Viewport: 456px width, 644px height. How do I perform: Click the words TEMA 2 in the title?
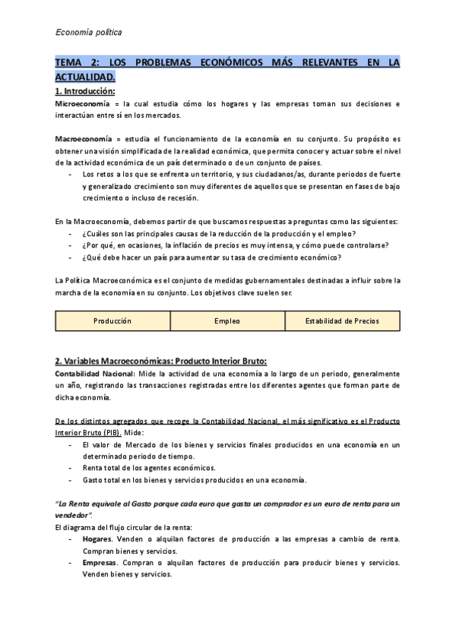[78, 63]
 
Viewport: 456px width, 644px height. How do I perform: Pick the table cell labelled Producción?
[112, 320]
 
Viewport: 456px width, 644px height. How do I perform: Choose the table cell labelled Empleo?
[227, 320]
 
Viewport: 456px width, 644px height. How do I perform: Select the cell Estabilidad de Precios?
[341, 320]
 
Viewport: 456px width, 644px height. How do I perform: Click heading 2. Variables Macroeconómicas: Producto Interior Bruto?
[160, 360]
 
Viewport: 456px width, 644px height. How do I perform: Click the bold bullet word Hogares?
[97, 538]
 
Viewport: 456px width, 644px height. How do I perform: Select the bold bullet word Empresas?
[100, 563]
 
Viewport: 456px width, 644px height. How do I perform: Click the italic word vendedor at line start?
[74, 514]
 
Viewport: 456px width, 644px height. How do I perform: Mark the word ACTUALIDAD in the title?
[86, 77]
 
